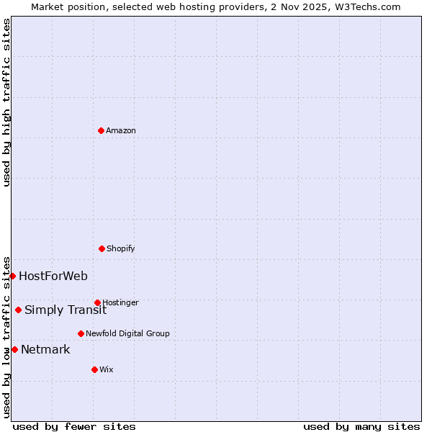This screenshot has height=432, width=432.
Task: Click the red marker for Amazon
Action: click(x=101, y=130)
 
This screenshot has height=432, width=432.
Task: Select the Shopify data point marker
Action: click(x=102, y=248)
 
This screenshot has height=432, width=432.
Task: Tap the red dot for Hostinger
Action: click(x=97, y=302)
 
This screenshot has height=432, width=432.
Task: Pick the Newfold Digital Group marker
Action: click(x=81, y=333)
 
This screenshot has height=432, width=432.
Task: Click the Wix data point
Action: click(x=94, y=369)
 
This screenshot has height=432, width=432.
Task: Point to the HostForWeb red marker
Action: click(x=12, y=276)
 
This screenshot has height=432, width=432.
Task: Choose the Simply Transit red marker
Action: click(x=18, y=310)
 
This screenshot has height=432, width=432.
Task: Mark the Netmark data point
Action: click(x=14, y=349)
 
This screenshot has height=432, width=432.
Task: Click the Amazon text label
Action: click(x=121, y=130)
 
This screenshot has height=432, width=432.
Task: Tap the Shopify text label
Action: click(x=121, y=248)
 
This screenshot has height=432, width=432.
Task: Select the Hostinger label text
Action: click(x=120, y=302)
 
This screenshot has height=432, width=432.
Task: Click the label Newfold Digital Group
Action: click(x=127, y=333)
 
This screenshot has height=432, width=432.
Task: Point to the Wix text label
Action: click(x=107, y=369)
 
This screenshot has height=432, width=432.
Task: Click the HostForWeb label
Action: click(x=53, y=276)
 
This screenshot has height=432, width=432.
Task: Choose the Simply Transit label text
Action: click(x=66, y=310)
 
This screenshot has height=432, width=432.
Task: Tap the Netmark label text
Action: click(x=45, y=349)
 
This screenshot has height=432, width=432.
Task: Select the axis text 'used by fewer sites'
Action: click(x=74, y=426)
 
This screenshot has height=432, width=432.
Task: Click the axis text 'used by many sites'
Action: click(x=361, y=426)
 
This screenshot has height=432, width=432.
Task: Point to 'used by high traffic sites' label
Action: click(x=6, y=102)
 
